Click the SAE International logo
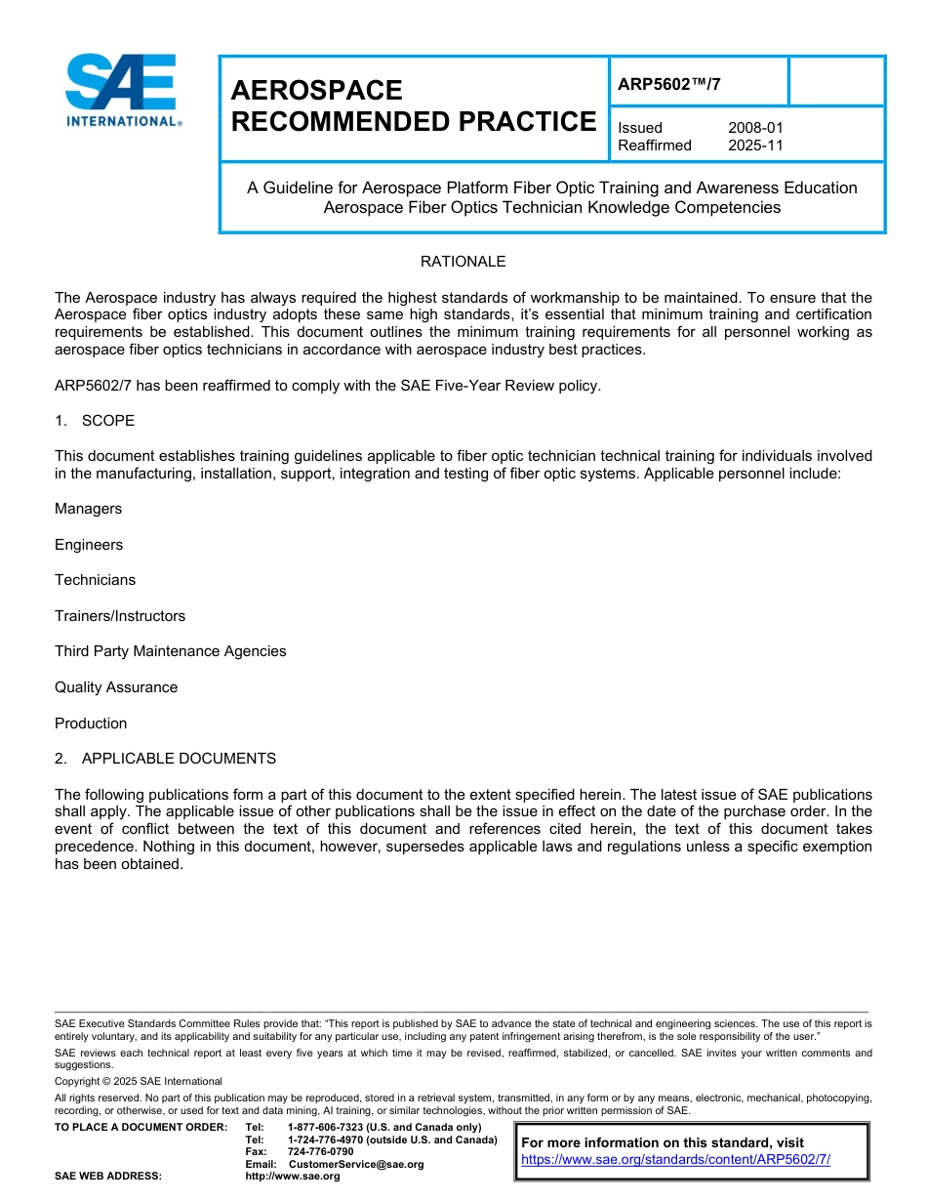point(122,90)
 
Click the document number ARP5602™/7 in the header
point(669,84)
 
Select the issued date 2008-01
point(755,128)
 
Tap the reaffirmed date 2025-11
point(755,145)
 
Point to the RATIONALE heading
point(463,262)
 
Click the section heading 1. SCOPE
point(95,421)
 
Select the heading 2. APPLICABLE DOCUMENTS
point(165,759)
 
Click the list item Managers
point(88,509)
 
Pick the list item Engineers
point(89,545)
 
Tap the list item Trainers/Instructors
point(119,616)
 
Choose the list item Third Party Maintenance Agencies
point(170,651)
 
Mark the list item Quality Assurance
point(116,687)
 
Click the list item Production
point(91,724)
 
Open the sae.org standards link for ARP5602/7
point(675,1160)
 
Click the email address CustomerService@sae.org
point(356,1164)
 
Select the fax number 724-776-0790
point(320,1152)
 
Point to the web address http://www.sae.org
point(293,1177)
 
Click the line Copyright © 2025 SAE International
point(139,1082)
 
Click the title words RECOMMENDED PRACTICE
point(413,122)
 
